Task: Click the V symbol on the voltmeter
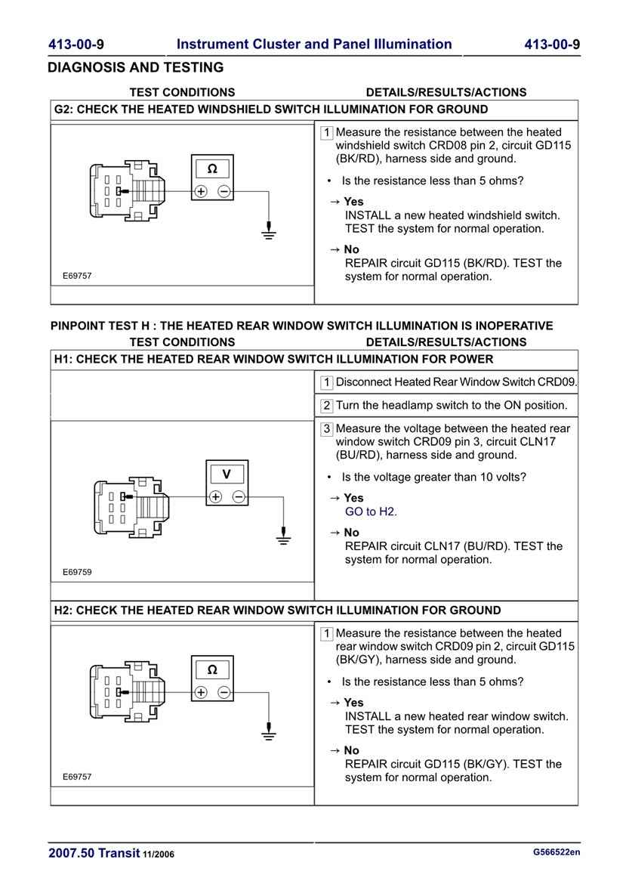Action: click(227, 474)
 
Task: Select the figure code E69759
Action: click(77, 572)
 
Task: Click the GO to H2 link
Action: click(371, 511)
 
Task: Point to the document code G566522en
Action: click(557, 853)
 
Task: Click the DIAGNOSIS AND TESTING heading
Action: click(136, 68)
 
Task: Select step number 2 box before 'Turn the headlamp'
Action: click(327, 406)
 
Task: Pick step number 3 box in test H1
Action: click(327, 429)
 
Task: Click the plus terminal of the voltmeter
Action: click(215, 496)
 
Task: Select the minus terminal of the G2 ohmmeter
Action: click(224, 191)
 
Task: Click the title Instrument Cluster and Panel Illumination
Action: click(314, 45)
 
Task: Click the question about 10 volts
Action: click(433, 477)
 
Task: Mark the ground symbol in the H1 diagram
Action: click(283, 538)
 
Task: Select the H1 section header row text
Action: click(273, 360)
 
